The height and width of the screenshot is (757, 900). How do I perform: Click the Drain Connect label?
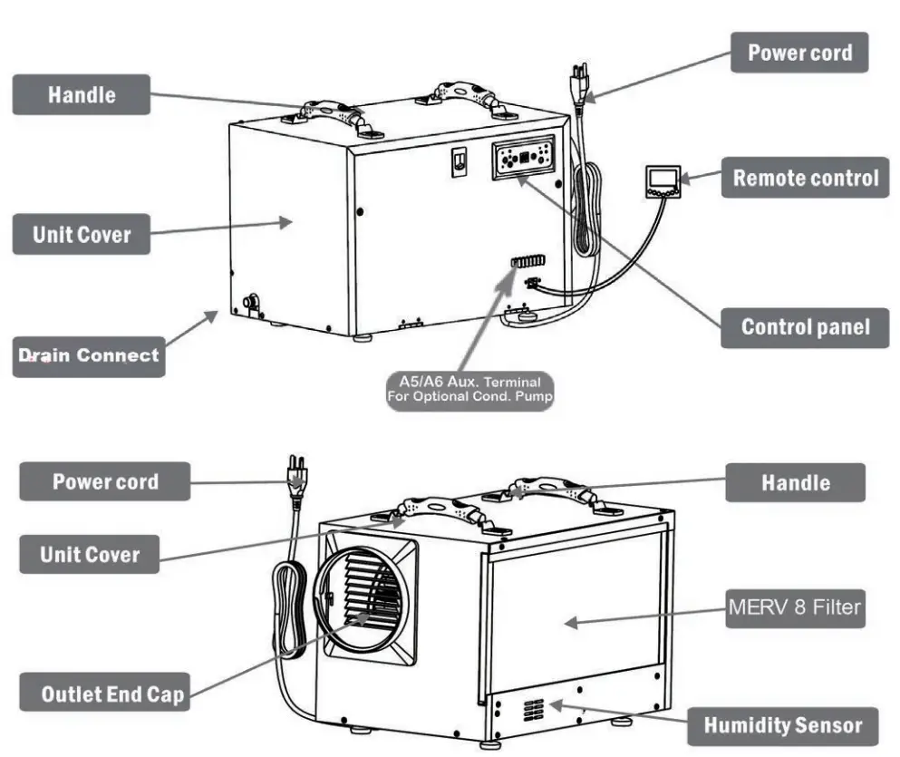click(88, 356)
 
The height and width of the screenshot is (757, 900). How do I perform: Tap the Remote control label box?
click(805, 178)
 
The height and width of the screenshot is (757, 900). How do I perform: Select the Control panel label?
click(804, 327)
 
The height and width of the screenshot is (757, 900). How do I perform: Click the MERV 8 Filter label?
click(794, 607)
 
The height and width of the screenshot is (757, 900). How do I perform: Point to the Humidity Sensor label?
click(782, 725)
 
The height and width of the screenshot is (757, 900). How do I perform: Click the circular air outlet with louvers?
click(362, 599)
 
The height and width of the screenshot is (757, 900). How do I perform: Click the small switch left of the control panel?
click(460, 162)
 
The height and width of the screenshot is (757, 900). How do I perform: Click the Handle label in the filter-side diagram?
click(795, 481)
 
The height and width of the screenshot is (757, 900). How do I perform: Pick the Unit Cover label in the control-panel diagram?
click(81, 235)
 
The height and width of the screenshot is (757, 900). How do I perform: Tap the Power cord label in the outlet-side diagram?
click(104, 481)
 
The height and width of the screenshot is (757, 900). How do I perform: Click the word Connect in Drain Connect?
click(117, 356)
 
